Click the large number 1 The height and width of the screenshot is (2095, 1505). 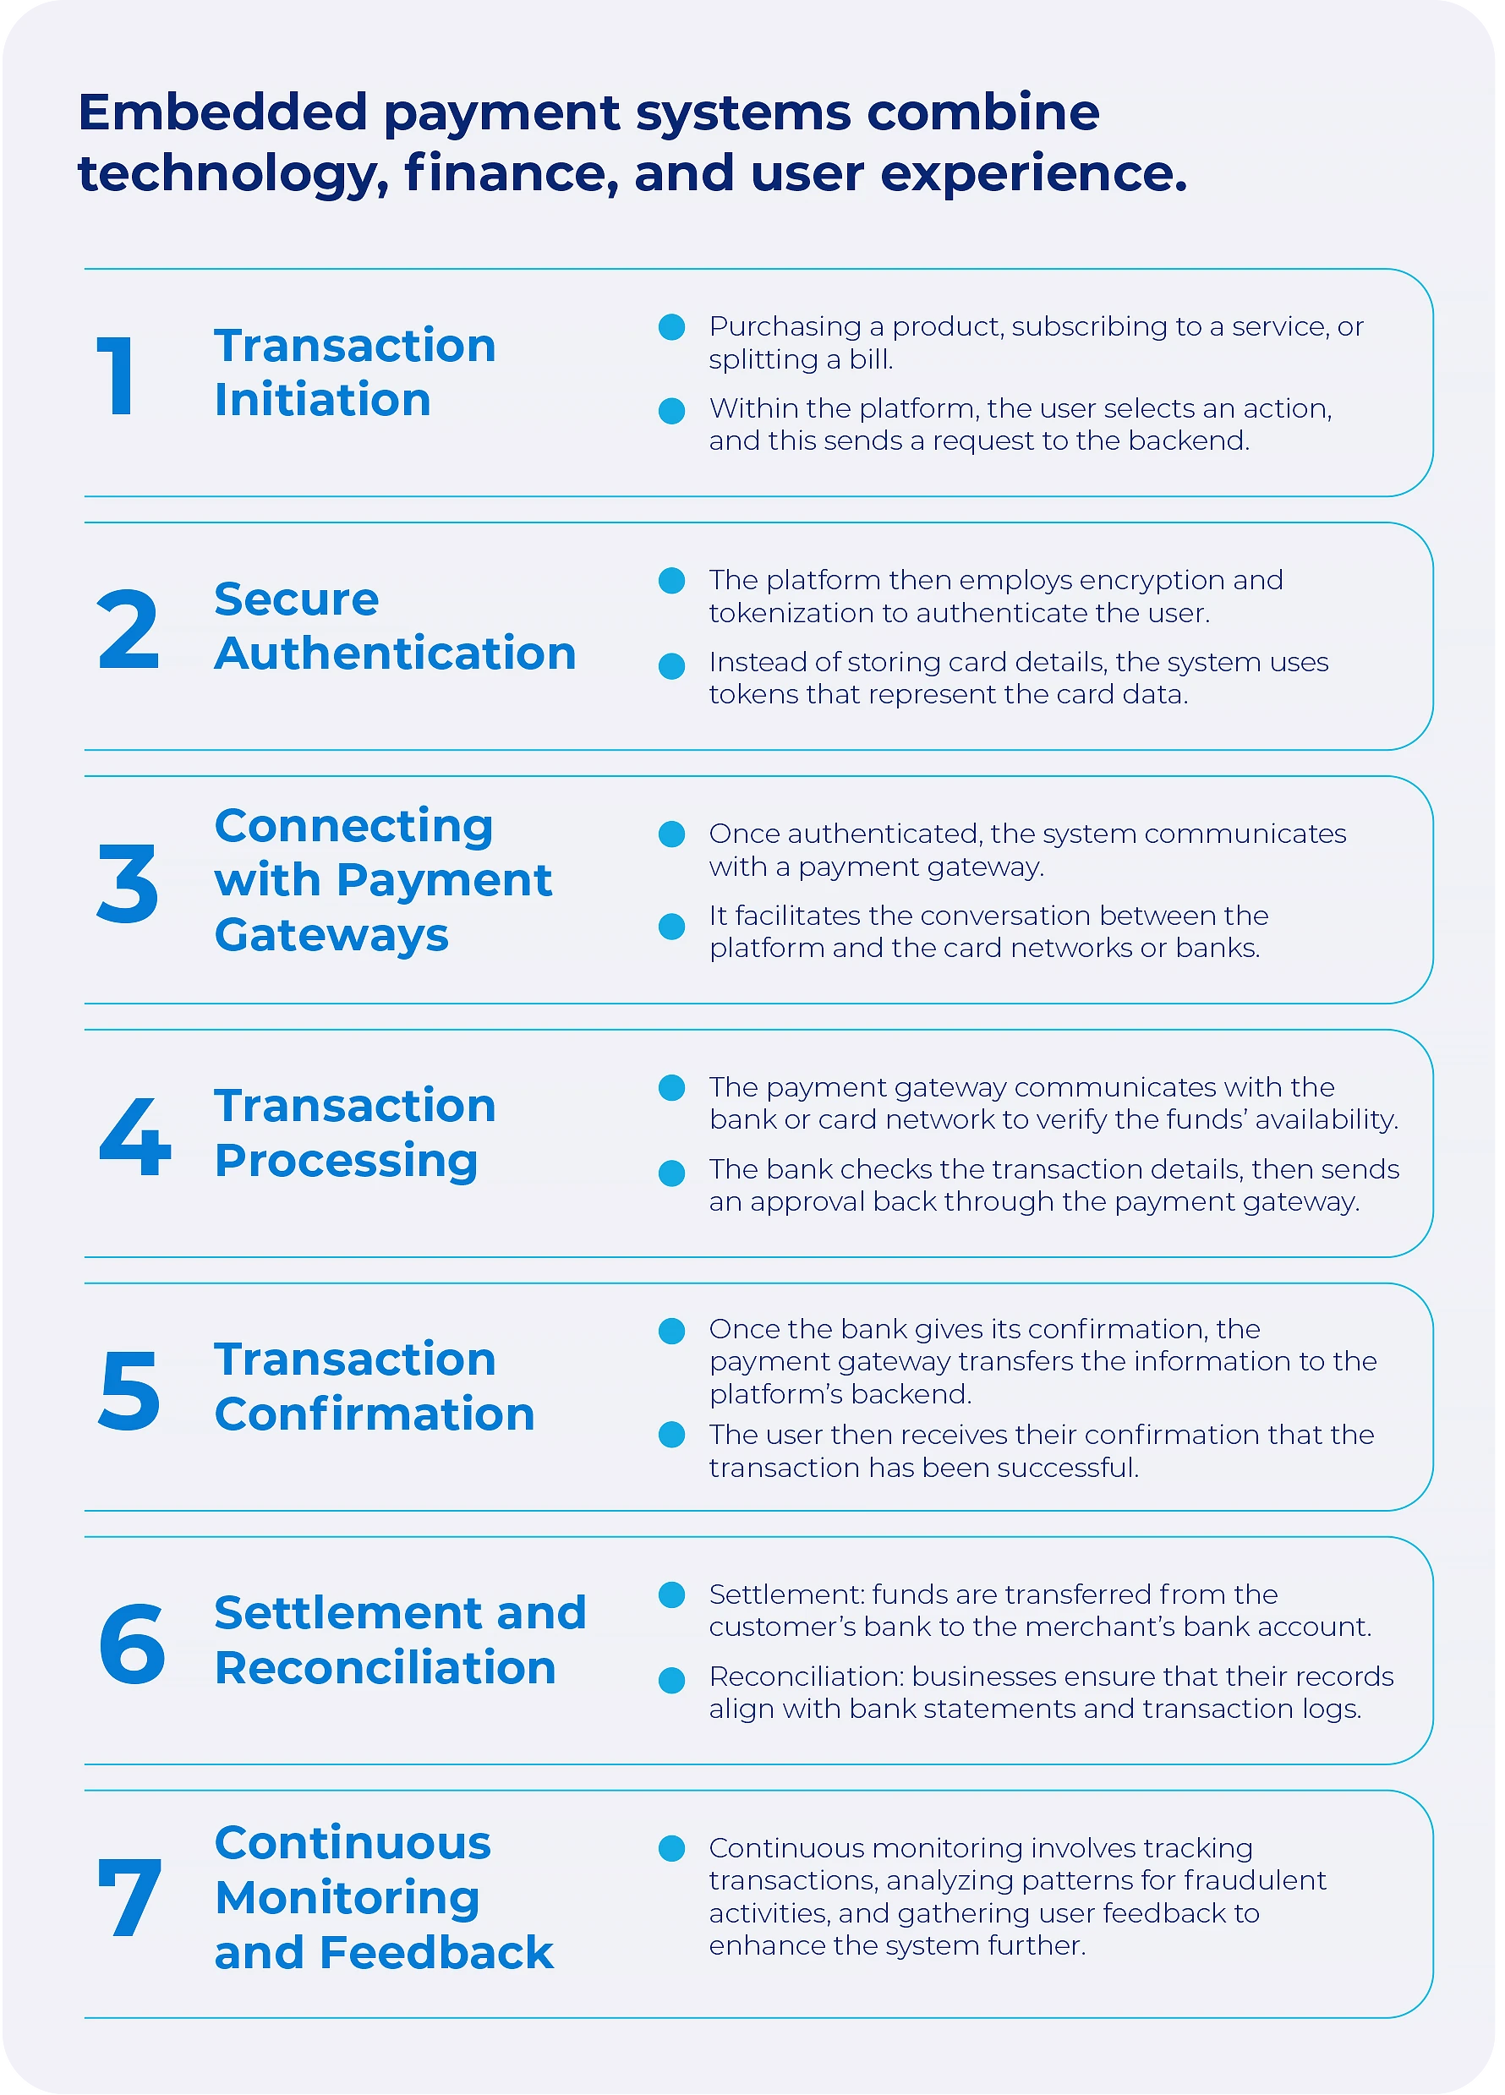117,375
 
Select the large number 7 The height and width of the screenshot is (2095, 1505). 130,1897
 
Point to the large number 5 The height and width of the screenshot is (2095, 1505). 129,1390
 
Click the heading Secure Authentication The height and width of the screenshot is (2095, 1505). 395,626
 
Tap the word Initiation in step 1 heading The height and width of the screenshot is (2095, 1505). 322,400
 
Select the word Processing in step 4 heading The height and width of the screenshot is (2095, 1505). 347,1160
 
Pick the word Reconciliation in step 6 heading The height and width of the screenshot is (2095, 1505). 386,1667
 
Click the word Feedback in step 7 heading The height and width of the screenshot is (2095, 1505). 436,1953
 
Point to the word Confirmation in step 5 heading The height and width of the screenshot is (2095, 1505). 375,1414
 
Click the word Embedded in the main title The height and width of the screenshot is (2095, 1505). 222,112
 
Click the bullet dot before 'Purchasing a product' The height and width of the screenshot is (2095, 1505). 671,327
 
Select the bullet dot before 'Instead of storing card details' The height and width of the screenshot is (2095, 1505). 671,666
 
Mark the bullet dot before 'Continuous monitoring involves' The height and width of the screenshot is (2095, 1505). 671,1848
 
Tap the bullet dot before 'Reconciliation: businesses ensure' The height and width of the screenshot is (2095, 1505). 671,1680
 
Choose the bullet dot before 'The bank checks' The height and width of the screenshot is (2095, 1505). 671,1173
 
